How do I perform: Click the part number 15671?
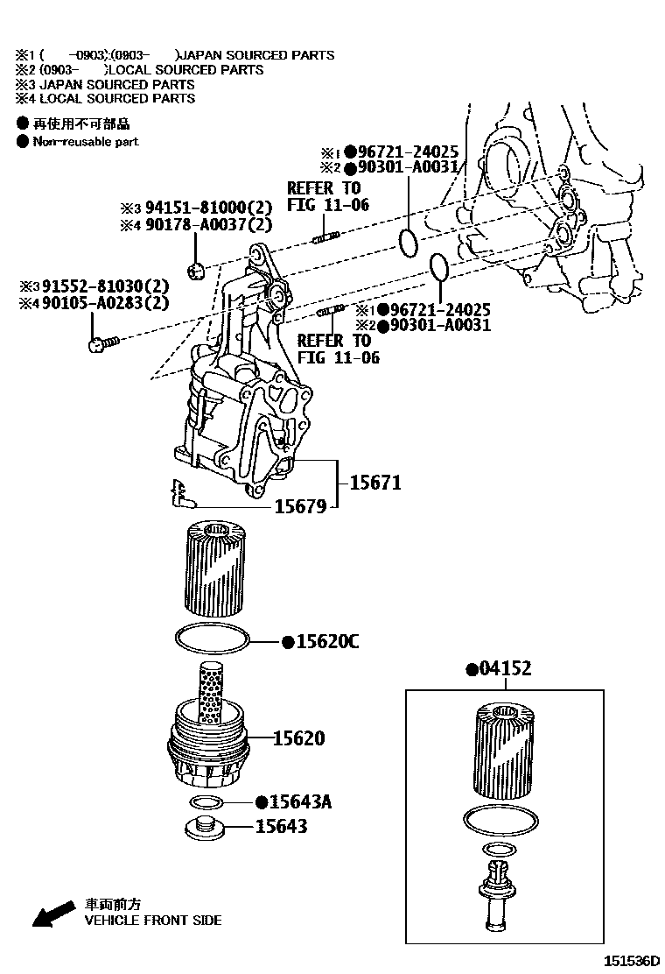click(x=375, y=482)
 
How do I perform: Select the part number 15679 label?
click(x=300, y=506)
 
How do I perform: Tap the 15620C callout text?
click(x=326, y=642)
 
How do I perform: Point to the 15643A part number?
click(x=299, y=802)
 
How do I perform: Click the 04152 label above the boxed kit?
click(x=503, y=670)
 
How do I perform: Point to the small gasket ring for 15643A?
click(x=206, y=802)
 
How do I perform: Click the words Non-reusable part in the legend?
click(x=85, y=141)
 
